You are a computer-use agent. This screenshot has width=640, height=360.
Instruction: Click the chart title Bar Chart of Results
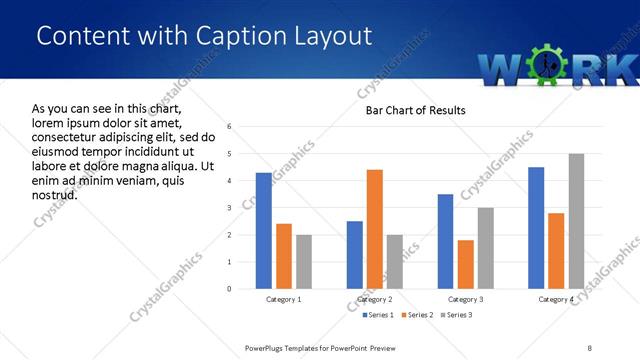[414, 110]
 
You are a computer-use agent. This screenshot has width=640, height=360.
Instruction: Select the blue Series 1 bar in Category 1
[263, 231]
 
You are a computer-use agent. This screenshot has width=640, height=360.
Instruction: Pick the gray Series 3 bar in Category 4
[576, 221]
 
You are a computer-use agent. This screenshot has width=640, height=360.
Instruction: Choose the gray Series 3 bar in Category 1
[303, 262]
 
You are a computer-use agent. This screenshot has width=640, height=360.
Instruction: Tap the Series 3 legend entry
[455, 315]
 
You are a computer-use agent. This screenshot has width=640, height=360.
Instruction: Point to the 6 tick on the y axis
[230, 127]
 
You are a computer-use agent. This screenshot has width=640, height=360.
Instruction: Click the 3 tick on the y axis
[230, 208]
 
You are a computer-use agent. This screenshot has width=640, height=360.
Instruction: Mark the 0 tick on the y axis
[230, 289]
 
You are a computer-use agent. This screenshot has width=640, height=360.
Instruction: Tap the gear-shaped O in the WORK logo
[545, 65]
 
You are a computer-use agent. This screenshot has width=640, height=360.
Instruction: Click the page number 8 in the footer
[590, 347]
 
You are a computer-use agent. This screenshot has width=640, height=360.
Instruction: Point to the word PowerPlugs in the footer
[267, 347]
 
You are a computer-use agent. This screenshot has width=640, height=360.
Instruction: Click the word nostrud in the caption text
[55, 193]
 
